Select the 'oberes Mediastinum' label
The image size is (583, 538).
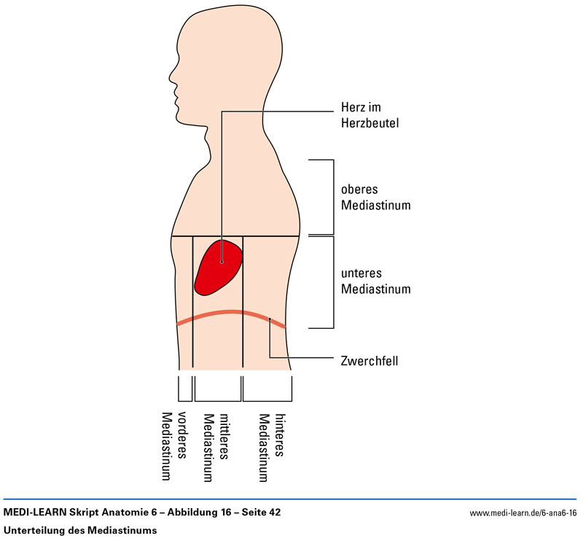pyautogui.click(x=375, y=197)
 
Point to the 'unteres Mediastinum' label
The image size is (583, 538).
pyautogui.click(x=375, y=281)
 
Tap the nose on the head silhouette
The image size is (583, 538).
pyautogui.click(x=169, y=73)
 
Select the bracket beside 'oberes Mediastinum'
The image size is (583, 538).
pyautogui.click(x=332, y=197)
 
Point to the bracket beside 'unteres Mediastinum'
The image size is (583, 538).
pyautogui.click(x=332, y=281)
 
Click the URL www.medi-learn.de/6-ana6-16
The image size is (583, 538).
pyautogui.click(x=523, y=513)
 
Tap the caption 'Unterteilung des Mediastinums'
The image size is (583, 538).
pyautogui.click(x=80, y=530)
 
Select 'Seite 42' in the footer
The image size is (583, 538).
pyautogui.click(x=259, y=512)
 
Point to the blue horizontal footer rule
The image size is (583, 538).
pyautogui.click(x=291, y=499)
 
